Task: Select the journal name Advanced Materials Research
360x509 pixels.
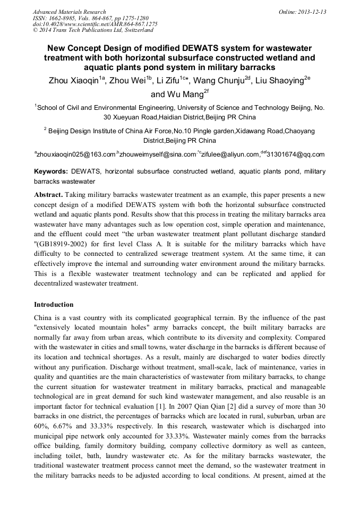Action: pos(69,12)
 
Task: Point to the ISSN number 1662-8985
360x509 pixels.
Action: pos(68,18)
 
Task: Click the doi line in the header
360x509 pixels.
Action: pos(95,24)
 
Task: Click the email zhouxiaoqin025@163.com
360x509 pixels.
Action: pos(76,154)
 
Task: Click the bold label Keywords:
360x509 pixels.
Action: pos(51,172)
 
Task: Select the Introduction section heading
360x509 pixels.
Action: pos(54,305)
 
